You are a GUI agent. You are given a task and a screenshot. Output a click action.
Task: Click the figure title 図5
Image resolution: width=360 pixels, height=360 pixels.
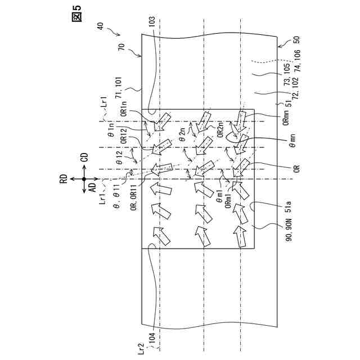(x=76, y=16)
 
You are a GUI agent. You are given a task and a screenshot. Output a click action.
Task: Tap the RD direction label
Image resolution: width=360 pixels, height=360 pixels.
(x=65, y=178)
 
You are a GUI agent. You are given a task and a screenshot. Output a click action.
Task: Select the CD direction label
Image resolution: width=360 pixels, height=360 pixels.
(x=84, y=160)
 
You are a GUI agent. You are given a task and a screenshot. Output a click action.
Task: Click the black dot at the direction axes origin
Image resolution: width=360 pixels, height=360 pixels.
(x=84, y=178)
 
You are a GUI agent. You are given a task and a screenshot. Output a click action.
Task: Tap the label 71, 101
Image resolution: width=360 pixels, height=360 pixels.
(x=125, y=91)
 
